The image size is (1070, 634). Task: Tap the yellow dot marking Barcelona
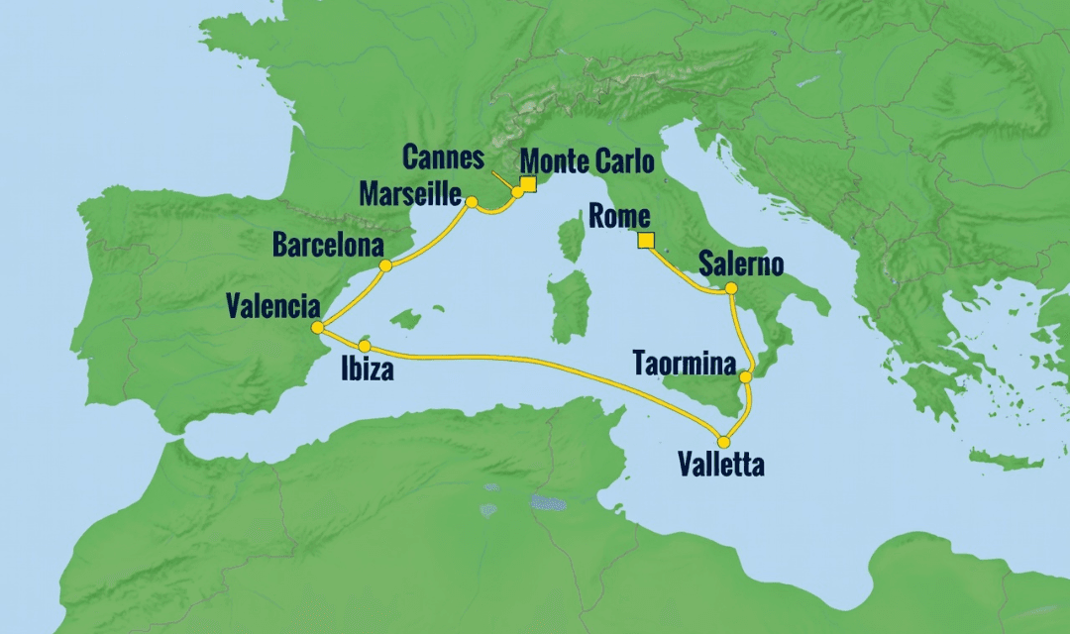point(385,265)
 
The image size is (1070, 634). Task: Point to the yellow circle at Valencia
point(316,328)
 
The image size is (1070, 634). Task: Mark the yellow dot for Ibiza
point(365,347)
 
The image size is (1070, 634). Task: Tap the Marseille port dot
point(472,202)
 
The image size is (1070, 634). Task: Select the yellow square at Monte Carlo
point(528,184)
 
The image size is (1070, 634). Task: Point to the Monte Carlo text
point(587,159)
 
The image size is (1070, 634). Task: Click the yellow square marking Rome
point(646,241)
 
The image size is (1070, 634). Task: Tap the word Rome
point(618,216)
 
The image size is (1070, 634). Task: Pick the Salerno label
point(741,264)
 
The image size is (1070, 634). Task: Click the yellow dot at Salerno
point(731,288)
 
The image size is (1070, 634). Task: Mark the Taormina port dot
point(745,376)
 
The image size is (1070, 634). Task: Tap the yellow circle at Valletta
point(724,442)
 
